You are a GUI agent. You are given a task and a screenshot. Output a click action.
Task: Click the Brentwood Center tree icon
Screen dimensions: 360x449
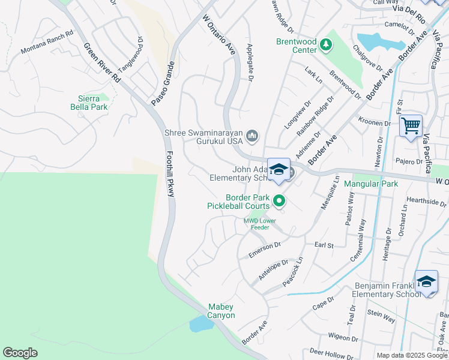pyautogui.click(x=326, y=44)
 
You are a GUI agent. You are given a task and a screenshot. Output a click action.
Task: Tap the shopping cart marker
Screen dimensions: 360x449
pyautogui.click(x=411, y=126)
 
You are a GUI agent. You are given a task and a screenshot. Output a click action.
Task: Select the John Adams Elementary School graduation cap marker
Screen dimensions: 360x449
pyautogui.click(x=279, y=170)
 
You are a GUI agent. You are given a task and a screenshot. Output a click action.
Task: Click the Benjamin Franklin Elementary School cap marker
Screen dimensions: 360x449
pyautogui.click(x=426, y=281)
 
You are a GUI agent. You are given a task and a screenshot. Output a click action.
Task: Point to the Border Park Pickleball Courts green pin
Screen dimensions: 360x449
pyautogui.click(x=279, y=201)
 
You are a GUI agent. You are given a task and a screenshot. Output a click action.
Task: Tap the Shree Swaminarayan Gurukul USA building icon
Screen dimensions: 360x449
pyautogui.click(x=252, y=137)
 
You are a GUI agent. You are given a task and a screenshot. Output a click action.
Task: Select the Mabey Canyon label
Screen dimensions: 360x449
pyautogui.click(x=221, y=311)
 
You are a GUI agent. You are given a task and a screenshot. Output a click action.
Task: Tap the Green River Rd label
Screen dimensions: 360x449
pyautogui.click(x=100, y=63)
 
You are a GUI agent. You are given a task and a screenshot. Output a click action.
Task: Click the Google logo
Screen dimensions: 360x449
pyautogui.click(x=20, y=353)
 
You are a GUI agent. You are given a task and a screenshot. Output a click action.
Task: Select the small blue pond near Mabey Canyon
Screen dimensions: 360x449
pyautogui.click(x=202, y=324)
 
